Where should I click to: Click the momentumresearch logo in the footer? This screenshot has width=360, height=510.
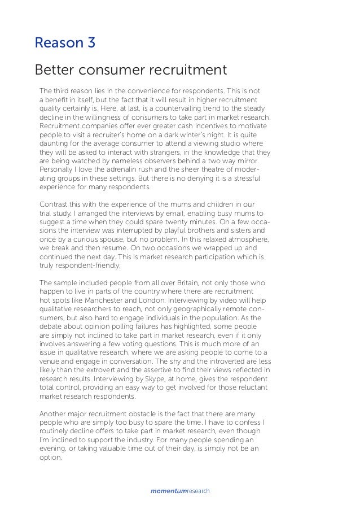(x=180, y=491)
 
